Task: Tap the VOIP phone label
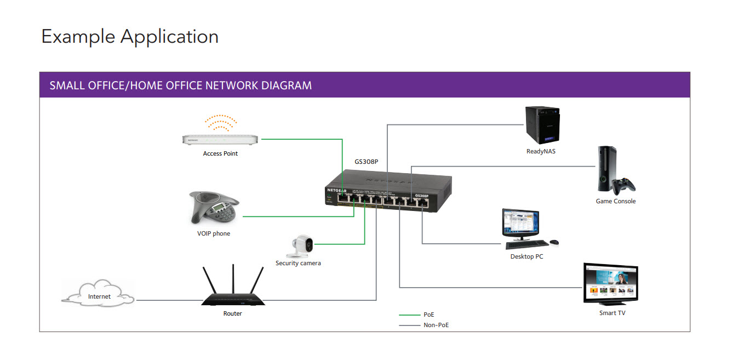coord(214,233)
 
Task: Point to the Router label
coord(232,313)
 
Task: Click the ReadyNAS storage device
coord(541,125)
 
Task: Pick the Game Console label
coord(616,201)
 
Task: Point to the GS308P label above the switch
coord(367,162)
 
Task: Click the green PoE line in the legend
coord(409,315)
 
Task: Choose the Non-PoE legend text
coord(436,325)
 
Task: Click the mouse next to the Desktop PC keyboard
coord(554,242)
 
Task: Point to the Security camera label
coord(298,263)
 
